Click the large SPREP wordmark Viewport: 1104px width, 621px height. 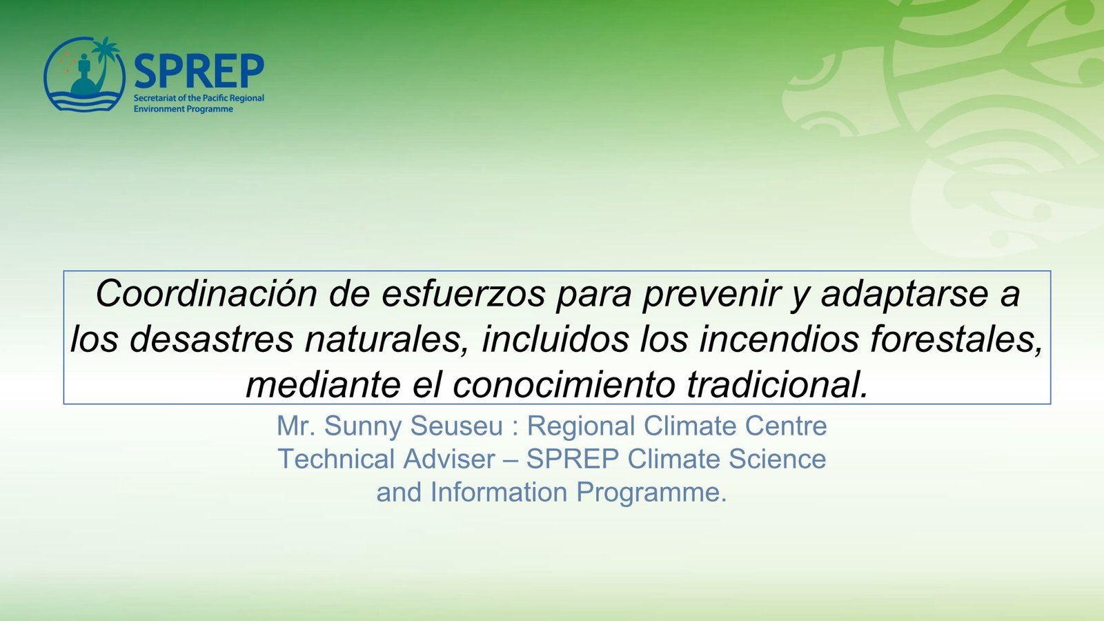(x=199, y=71)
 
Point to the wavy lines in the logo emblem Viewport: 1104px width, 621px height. (x=84, y=101)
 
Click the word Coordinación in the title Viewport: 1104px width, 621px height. (x=206, y=294)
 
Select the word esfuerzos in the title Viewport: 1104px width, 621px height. (x=463, y=294)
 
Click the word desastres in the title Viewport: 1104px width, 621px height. (x=211, y=339)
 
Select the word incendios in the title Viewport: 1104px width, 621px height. (x=779, y=339)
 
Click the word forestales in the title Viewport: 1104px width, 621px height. (x=956, y=340)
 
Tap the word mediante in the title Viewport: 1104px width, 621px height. (x=323, y=384)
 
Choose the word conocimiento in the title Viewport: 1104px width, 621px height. (x=563, y=384)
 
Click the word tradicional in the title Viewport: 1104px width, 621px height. (x=777, y=384)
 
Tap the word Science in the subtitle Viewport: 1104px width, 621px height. (x=777, y=459)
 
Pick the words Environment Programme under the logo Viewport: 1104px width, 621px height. (x=184, y=109)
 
